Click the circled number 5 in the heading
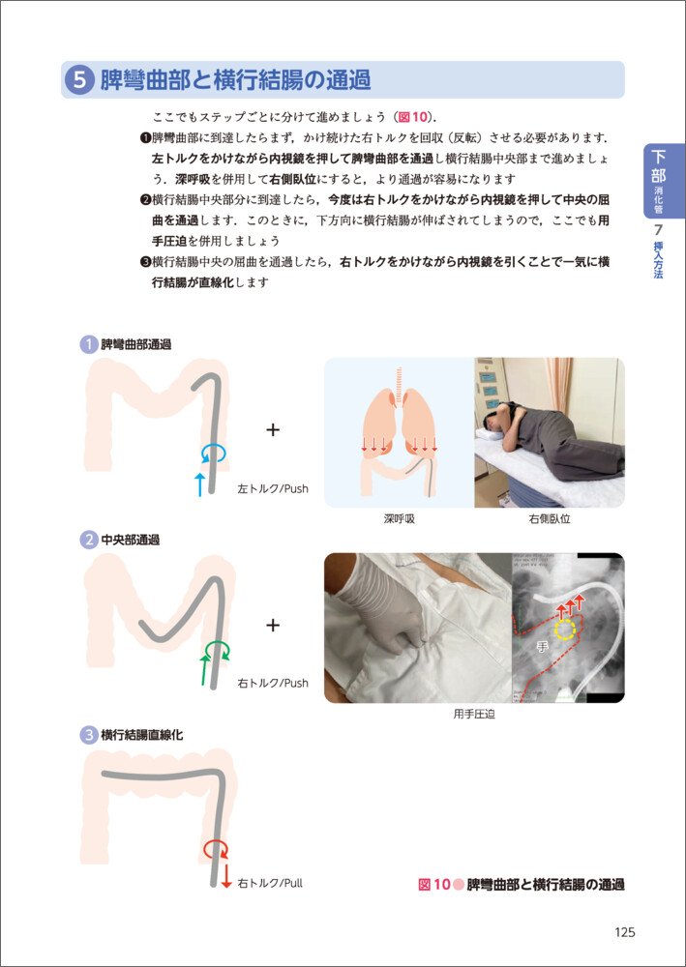[x=79, y=80]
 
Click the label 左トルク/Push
[x=273, y=489]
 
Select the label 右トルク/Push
[x=273, y=684]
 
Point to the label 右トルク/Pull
[x=270, y=883]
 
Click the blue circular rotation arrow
[x=214, y=454]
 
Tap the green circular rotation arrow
[x=217, y=649]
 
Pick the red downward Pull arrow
[x=226, y=876]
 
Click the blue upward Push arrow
[x=198, y=484]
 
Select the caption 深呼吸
[x=400, y=518]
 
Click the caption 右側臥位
[x=549, y=518]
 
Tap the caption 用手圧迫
[x=474, y=716]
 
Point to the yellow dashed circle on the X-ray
[x=565, y=630]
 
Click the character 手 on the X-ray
[x=543, y=647]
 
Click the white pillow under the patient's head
[x=492, y=431]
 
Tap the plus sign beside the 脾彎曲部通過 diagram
[x=273, y=430]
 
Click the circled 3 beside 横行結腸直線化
[x=89, y=735]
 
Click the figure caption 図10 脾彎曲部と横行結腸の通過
[x=522, y=884]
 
